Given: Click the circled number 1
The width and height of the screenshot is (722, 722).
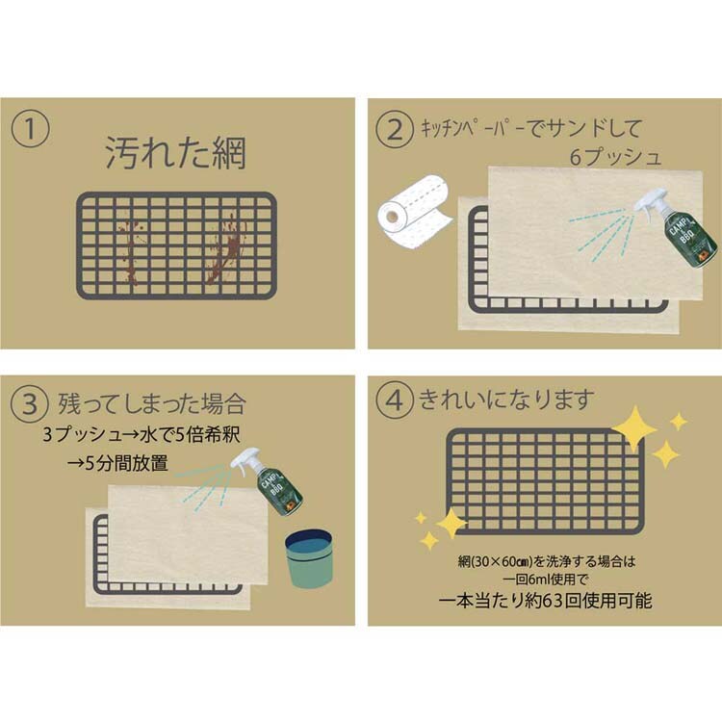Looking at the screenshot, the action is pos(30,128).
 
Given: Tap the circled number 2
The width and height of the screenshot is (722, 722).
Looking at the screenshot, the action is pos(395,129).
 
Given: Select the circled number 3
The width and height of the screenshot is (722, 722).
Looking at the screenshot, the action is pos(30,404).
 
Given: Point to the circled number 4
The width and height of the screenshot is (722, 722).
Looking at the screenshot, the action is pos(395,400).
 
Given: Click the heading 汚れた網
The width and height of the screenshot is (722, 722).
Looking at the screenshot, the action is pos(176,152).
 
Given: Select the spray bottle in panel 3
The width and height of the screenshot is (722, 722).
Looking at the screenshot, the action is pos(270,481).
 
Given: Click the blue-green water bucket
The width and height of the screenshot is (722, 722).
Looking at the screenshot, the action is pos(308,558).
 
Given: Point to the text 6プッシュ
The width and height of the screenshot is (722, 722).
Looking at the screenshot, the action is pos(615,157).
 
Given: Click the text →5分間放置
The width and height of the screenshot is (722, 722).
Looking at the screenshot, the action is pos(117,463).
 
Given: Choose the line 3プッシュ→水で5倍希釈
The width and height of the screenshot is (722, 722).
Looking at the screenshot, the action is pos(142,435).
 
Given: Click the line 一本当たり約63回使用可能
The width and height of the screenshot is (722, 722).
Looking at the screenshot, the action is pos(545,601).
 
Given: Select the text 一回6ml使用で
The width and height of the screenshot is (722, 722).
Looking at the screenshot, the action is pos(546,580).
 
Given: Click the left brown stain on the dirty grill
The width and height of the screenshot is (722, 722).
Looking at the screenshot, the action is pos(132,251).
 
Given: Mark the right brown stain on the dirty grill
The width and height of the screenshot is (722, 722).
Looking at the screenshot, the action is pos(223,249).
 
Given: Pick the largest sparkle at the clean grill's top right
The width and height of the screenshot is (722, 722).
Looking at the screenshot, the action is pos(634,428).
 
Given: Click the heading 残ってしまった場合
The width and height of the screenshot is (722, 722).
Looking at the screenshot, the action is pos(152,403).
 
